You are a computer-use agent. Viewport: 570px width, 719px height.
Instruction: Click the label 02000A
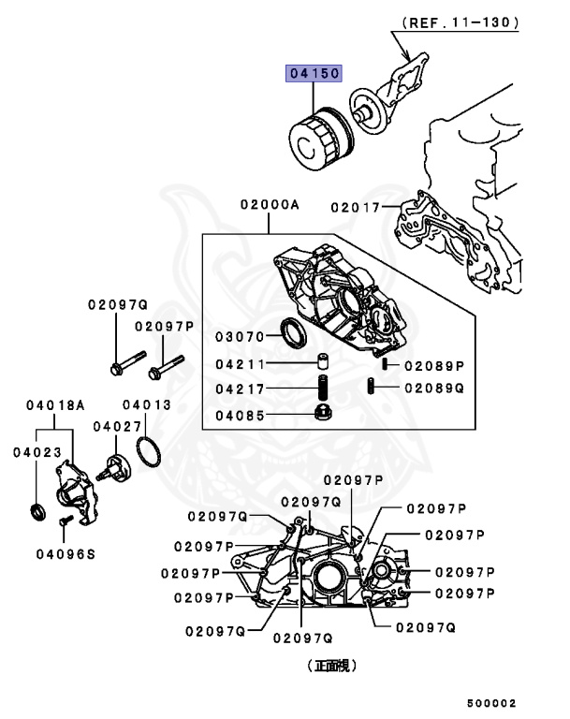click(269, 203)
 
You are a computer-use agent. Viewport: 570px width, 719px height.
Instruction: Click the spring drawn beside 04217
click(321, 389)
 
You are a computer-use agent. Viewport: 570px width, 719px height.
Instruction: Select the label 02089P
click(434, 364)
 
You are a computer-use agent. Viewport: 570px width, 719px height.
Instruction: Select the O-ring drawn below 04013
click(148, 451)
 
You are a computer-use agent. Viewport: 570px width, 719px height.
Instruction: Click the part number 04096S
click(66, 554)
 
